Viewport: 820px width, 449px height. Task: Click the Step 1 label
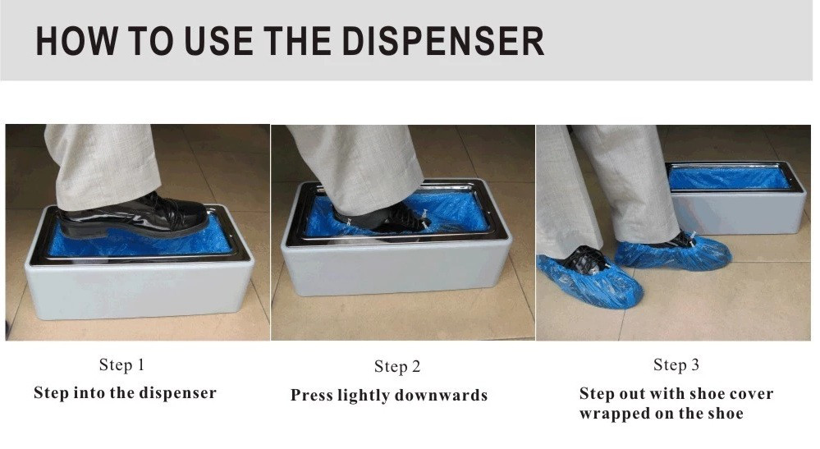click(121, 364)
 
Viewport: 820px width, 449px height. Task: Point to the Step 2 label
click(397, 366)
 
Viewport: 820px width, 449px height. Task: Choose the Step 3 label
click(676, 364)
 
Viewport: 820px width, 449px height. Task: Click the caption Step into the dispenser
click(125, 392)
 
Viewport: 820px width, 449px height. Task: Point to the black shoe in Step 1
click(134, 215)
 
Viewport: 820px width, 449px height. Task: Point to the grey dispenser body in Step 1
click(139, 289)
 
